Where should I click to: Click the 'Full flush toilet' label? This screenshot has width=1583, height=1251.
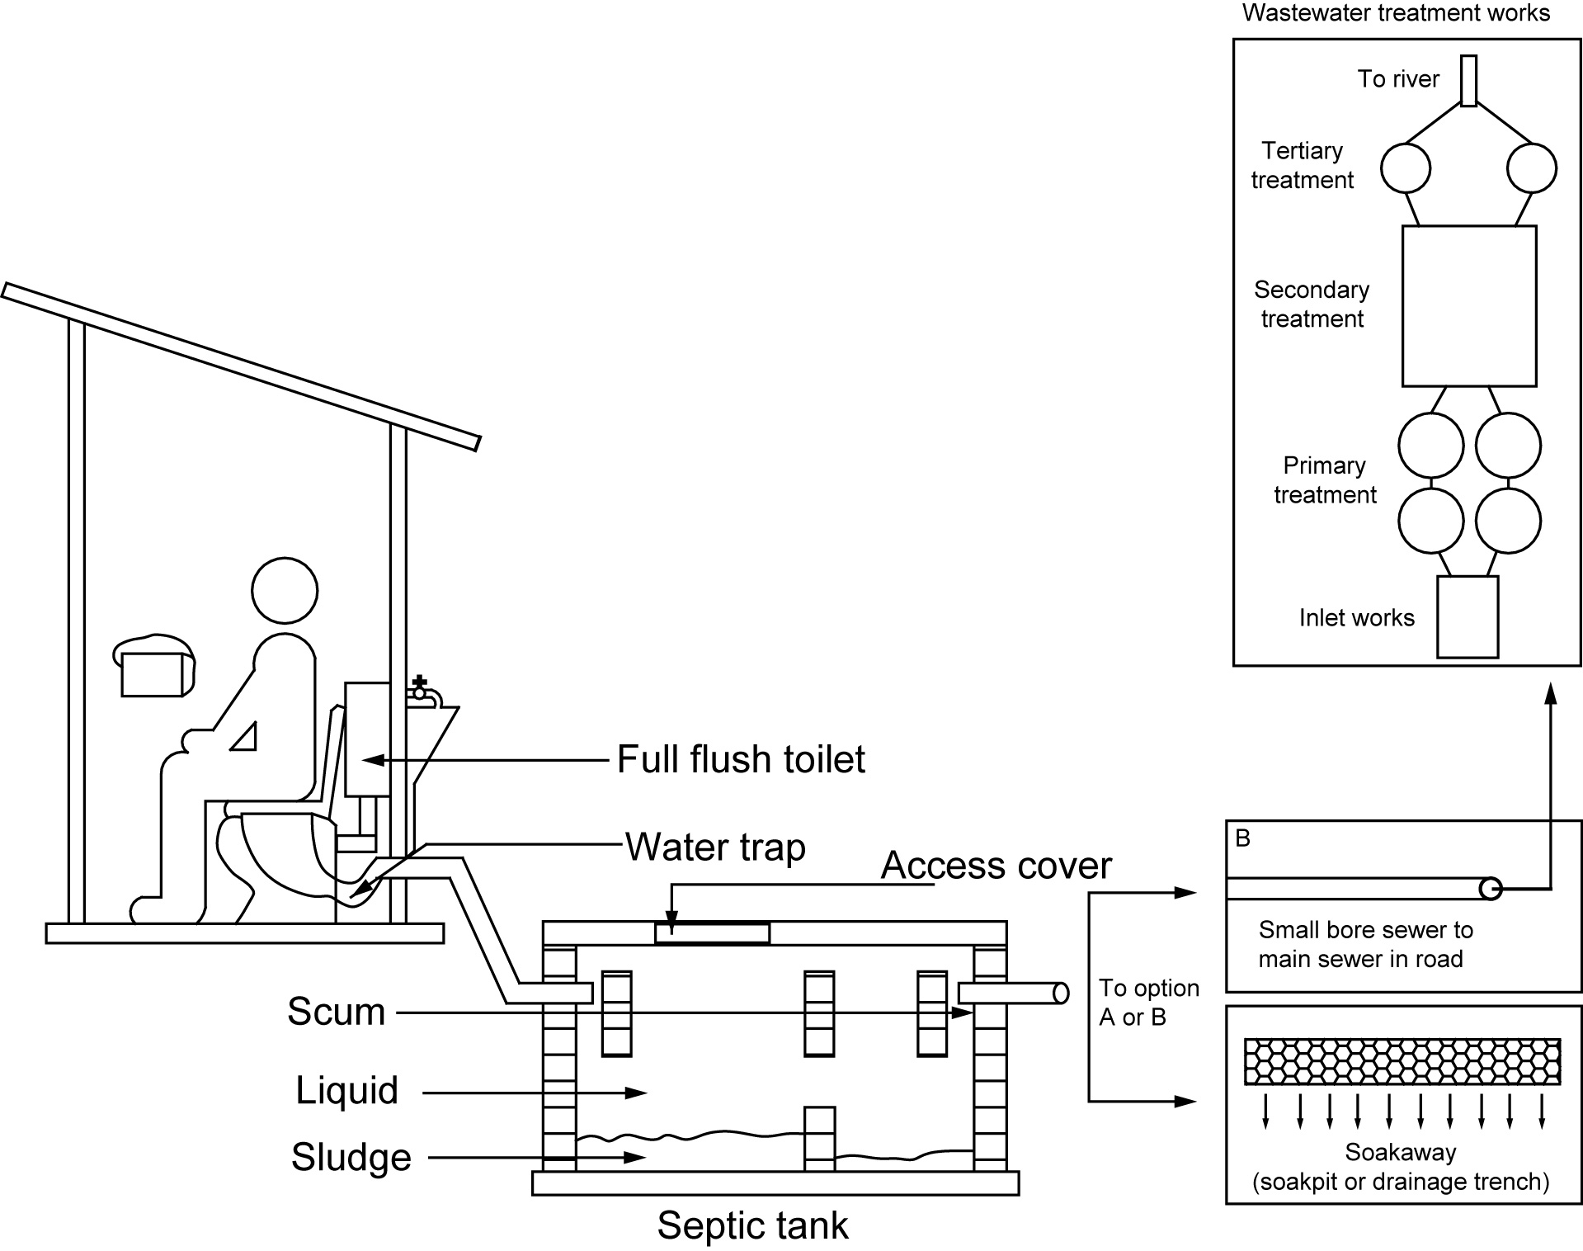tap(741, 759)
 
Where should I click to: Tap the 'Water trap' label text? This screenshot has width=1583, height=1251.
tap(715, 847)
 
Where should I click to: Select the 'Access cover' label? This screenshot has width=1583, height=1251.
tap(996, 865)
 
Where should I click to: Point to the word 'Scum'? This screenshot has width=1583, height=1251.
tap(337, 1012)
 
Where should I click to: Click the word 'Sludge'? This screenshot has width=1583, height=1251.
tap(351, 1157)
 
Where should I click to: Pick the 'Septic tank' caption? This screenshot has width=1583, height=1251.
tap(752, 1225)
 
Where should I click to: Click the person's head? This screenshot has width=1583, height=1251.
tap(285, 591)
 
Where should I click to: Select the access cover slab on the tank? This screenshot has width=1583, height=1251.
tap(712, 933)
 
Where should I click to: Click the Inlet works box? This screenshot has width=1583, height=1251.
tap(1468, 617)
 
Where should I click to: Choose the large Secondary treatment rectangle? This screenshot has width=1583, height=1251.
tap(1469, 306)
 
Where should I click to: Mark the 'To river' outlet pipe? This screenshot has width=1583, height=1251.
tap(1468, 81)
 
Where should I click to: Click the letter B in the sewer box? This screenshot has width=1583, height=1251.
tap(1243, 838)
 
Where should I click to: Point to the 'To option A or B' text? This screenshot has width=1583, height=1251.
tap(1148, 1003)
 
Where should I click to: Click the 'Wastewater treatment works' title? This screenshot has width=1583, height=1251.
tap(1396, 13)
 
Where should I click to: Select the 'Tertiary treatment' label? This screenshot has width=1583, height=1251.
tap(1302, 165)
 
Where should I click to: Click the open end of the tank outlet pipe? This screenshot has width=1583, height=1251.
tap(1062, 993)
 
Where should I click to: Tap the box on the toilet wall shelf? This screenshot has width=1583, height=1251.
tap(152, 675)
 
